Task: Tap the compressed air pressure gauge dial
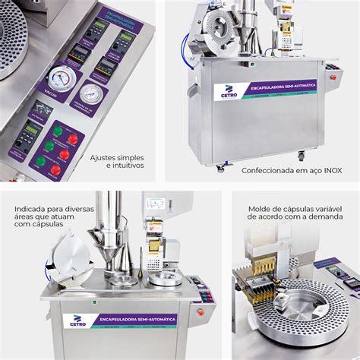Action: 92,94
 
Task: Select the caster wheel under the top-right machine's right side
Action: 301,156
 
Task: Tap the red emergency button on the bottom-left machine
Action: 201,311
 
